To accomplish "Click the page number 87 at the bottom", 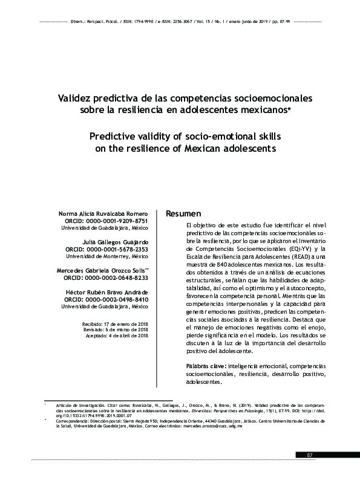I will pyautogui.click(x=310, y=455).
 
